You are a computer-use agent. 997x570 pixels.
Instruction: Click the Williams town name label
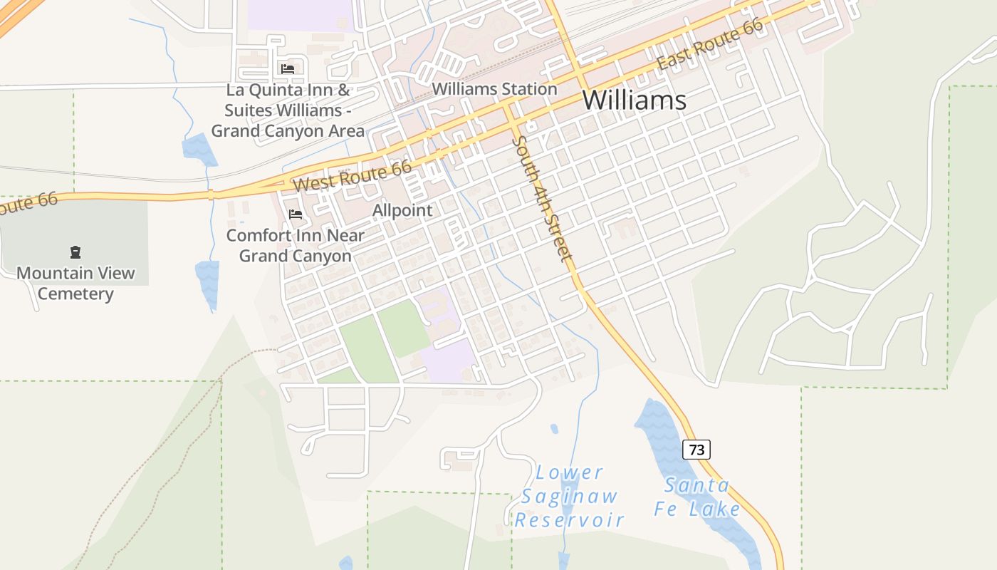635,100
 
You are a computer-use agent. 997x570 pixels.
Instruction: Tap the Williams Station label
494,90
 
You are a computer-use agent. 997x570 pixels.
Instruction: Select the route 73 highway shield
696,450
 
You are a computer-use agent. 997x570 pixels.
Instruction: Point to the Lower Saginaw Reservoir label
569,496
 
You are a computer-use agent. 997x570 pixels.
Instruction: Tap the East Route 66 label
709,44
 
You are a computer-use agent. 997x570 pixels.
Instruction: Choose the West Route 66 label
353,175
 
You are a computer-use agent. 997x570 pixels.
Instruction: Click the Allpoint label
402,211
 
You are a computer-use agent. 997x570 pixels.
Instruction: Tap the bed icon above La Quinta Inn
288,69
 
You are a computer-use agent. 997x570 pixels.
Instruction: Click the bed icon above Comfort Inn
296,214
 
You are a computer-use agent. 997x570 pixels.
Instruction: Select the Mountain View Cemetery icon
75,252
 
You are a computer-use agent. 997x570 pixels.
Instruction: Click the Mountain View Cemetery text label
75,284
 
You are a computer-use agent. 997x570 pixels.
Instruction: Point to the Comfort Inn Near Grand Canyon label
296,245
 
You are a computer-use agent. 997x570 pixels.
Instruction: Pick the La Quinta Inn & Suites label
288,111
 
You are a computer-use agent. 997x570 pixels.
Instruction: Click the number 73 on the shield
696,450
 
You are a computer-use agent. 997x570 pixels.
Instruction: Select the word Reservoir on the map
569,520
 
